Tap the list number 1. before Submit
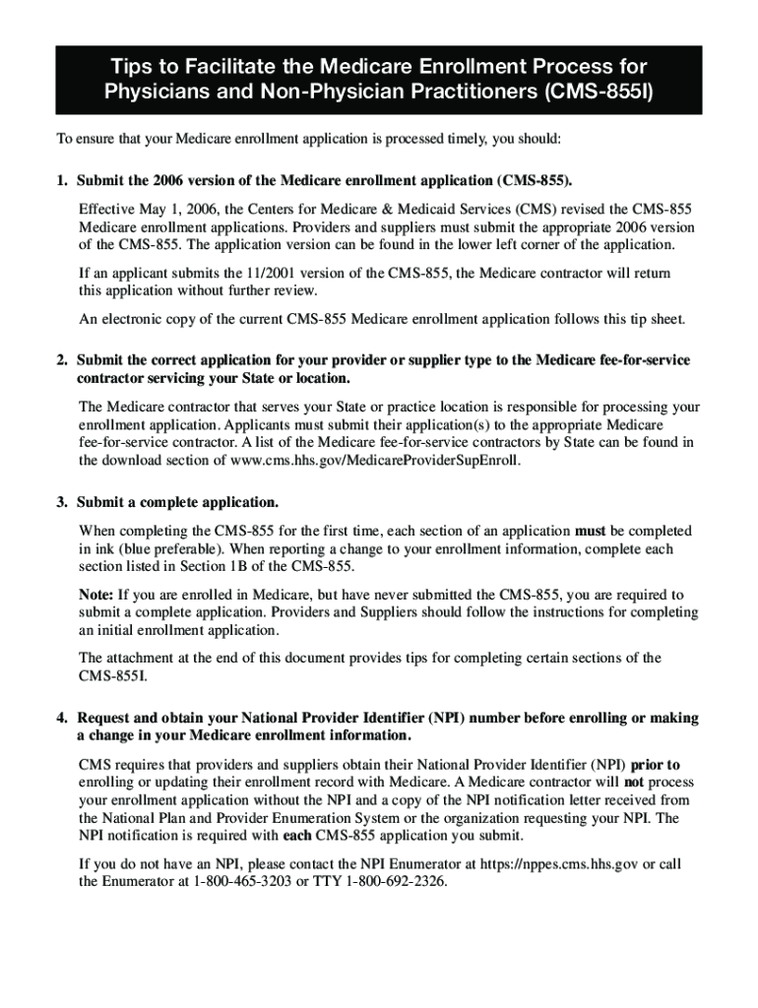pos(62,182)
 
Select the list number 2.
pos(62,360)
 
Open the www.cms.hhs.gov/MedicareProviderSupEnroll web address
pos(376,460)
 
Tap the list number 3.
pos(62,502)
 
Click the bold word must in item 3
pos(591,531)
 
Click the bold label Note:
pos(96,595)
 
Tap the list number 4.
pos(62,718)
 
